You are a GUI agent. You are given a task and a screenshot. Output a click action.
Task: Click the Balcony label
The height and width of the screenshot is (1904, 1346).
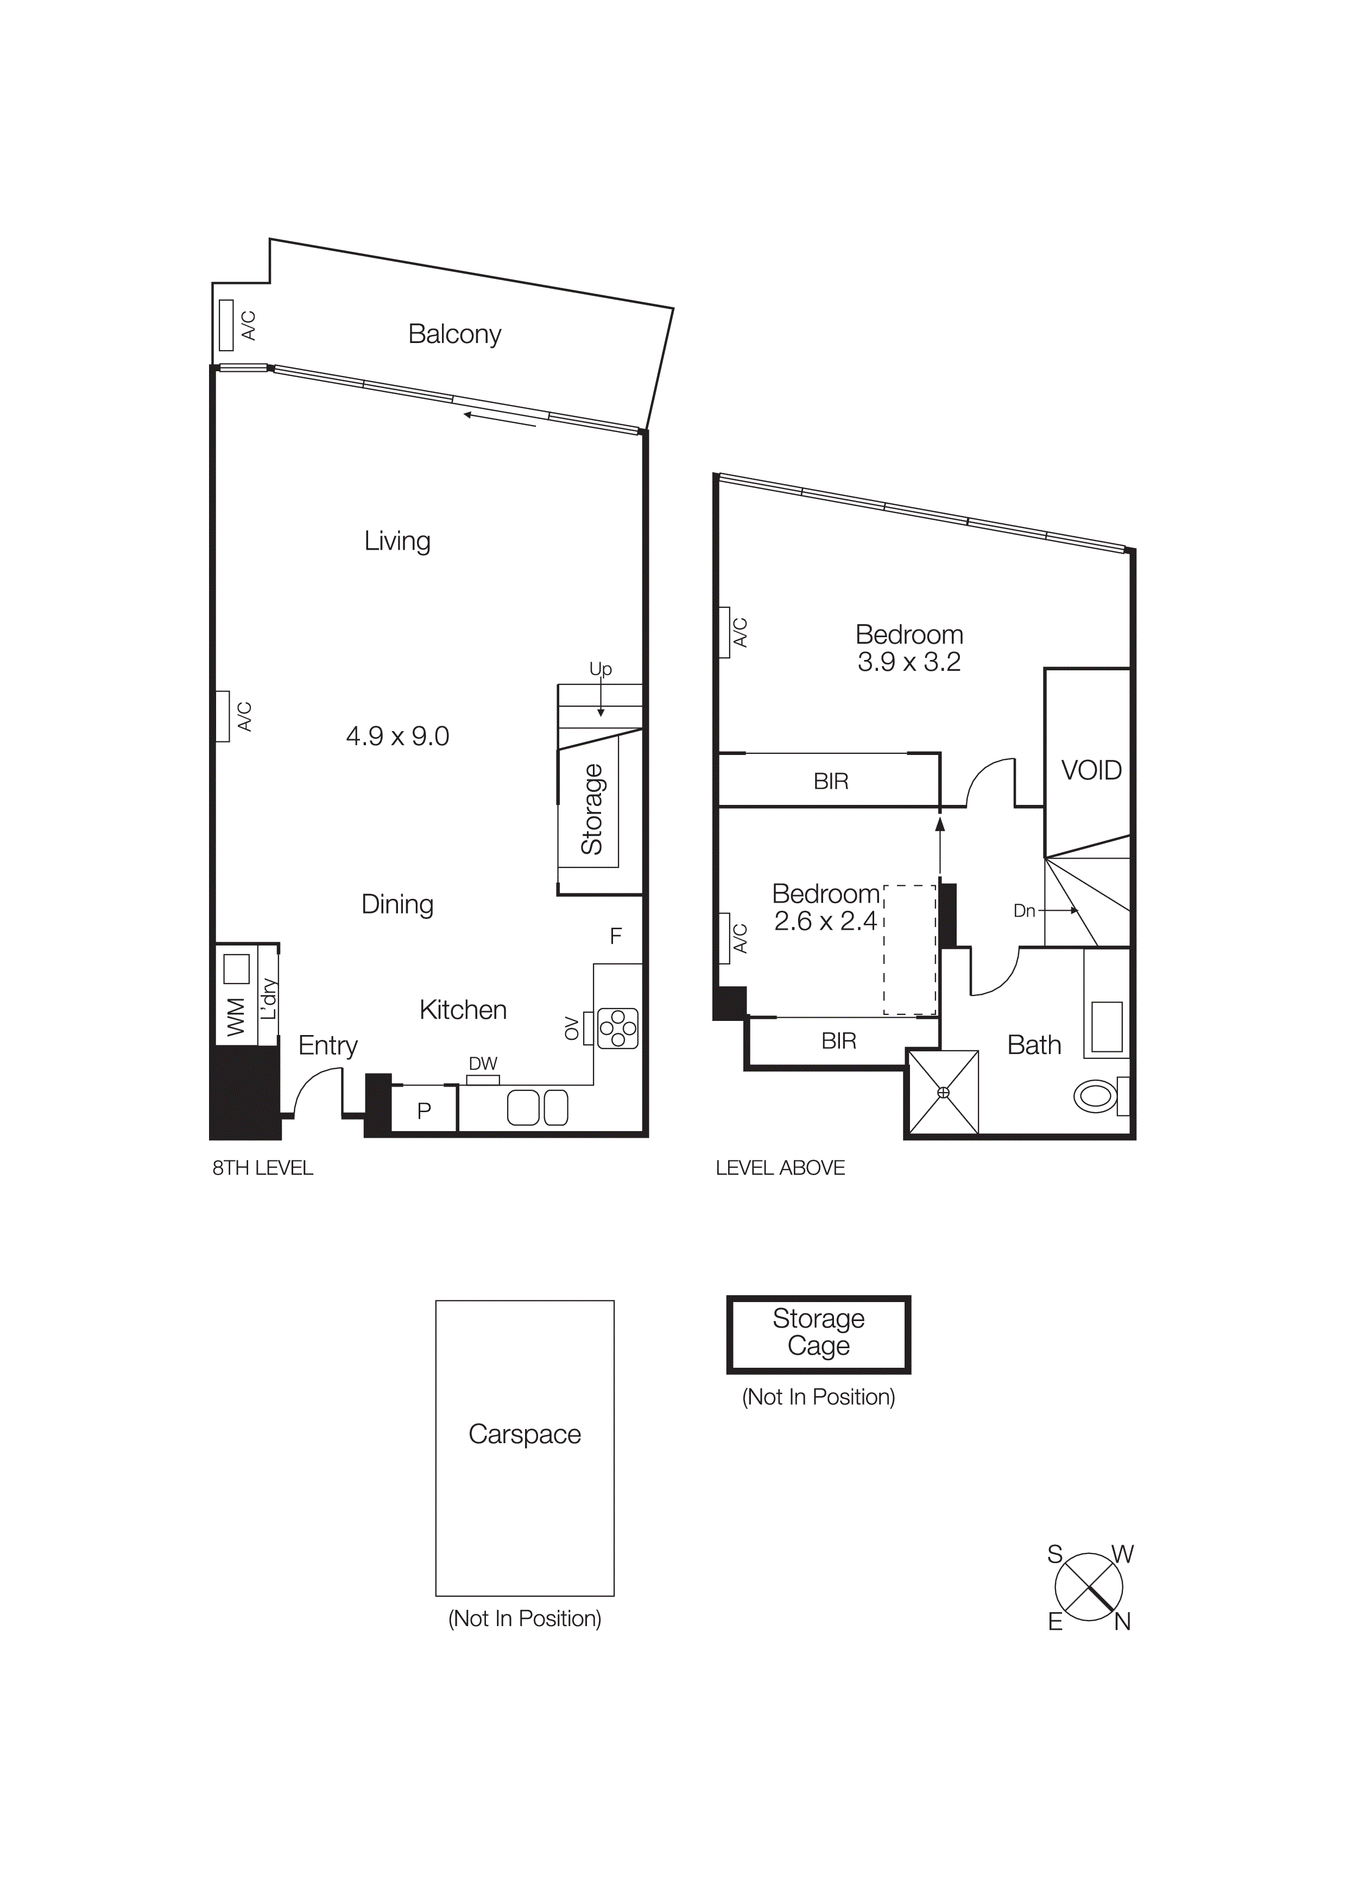click(x=454, y=334)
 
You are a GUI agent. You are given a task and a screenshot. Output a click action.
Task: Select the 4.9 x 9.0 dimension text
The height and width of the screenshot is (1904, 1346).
click(x=397, y=737)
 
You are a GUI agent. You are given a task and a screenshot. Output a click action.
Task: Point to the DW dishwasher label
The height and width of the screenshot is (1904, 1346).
click(x=483, y=1063)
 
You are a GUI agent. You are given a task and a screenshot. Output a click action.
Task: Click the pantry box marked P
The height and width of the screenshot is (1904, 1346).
click(x=424, y=1111)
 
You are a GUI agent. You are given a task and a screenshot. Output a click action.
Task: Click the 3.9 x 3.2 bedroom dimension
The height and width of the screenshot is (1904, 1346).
click(x=909, y=663)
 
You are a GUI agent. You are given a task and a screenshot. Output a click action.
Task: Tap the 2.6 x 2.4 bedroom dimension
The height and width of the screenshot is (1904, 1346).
click(x=825, y=921)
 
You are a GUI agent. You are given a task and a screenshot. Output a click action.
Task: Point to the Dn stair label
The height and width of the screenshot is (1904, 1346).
click(x=1024, y=911)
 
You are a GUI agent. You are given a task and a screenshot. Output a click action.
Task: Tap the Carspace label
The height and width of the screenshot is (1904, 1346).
click(x=524, y=1435)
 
